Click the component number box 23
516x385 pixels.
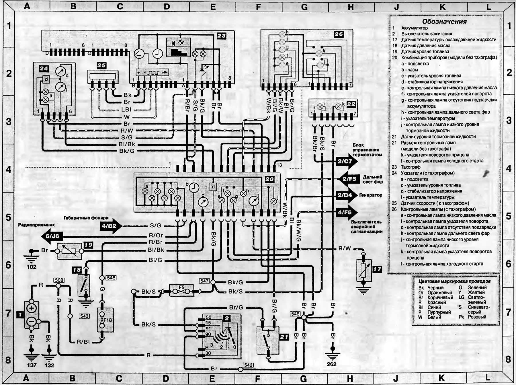[x=221, y=36]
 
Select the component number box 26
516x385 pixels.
[x=339, y=34]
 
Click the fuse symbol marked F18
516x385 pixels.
[x=105, y=320]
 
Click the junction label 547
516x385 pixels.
[x=205, y=281]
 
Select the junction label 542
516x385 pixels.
[x=248, y=365]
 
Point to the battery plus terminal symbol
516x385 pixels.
[x=32, y=308]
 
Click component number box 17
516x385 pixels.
[x=377, y=269]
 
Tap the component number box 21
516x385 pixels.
[x=284, y=337]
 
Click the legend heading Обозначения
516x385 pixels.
[x=444, y=22]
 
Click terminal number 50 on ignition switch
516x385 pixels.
[x=208, y=318]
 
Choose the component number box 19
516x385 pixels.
[x=88, y=245]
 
